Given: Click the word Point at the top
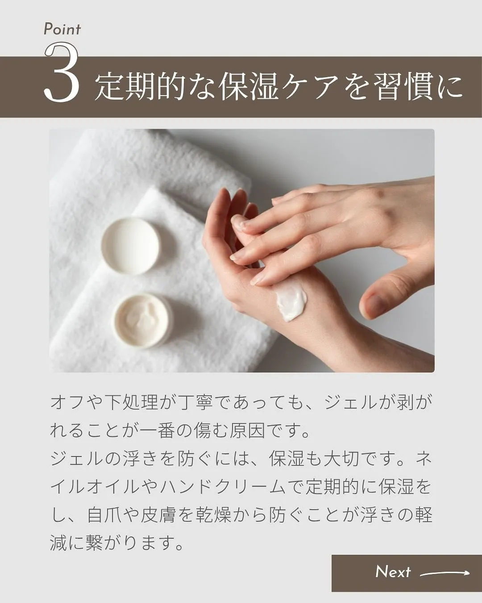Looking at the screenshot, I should coord(62,29).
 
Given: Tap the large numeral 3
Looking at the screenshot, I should coord(62,74).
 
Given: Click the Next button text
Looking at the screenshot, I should coord(393,572).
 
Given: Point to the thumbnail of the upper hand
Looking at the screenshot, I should coord(378,304).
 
